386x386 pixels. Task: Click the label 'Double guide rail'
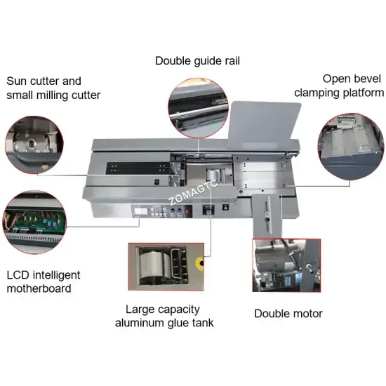[197, 61]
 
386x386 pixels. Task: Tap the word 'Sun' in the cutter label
[15, 81]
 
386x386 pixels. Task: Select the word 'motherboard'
[39, 288]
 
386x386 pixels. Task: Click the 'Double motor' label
[288, 314]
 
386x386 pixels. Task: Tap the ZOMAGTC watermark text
[193, 193]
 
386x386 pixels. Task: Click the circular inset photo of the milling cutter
[34, 145]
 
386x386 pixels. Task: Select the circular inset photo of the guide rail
[198, 108]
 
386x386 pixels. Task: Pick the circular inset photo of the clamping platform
[351, 147]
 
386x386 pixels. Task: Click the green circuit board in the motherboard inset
[34, 220]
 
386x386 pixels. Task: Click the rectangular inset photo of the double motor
[286, 265]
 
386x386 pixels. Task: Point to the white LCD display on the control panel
[140, 211]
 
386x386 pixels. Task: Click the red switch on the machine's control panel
[187, 211]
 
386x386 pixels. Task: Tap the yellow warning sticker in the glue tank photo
[199, 263]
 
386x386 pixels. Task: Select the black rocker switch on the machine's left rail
[157, 182]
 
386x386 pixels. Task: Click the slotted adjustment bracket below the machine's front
[267, 216]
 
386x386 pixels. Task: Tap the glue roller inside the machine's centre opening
[213, 175]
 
